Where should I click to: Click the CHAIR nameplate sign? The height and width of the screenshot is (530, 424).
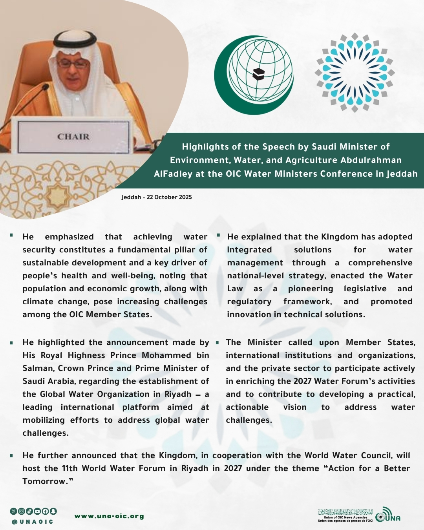tap(73, 137)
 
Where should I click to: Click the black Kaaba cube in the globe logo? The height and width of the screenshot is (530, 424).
tap(258, 73)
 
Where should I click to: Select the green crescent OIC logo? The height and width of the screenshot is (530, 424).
tap(254, 75)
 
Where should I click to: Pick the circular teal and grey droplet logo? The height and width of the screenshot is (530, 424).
tap(355, 73)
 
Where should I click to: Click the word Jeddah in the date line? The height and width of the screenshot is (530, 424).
tap(131, 197)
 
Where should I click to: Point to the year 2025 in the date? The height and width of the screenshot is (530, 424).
tap(185, 197)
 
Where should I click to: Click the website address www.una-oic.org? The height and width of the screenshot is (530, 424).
tap(109, 516)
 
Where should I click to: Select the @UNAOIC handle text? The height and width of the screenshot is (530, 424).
tap(33, 522)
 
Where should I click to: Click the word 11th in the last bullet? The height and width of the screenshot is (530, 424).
tap(69, 468)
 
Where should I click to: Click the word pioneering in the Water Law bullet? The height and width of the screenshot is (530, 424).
tap(311, 289)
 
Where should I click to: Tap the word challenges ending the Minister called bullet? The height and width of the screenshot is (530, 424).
tap(249, 420)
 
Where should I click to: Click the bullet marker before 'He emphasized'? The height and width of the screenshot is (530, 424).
tap(12, 235)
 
